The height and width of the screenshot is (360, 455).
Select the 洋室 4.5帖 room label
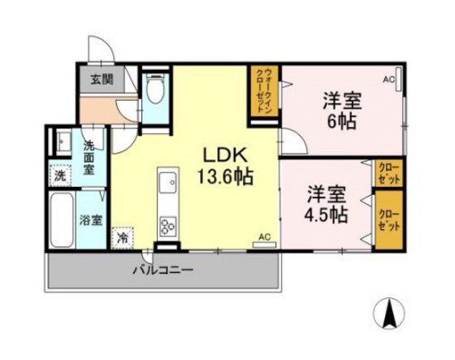(327, 205)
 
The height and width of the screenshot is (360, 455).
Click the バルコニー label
(162, 270)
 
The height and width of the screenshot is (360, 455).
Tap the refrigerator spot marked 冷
(123, 237)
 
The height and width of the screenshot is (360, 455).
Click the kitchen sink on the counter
(168, 184)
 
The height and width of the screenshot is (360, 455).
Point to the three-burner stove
(168, 224)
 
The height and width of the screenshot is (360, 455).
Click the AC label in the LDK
(263, 236)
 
